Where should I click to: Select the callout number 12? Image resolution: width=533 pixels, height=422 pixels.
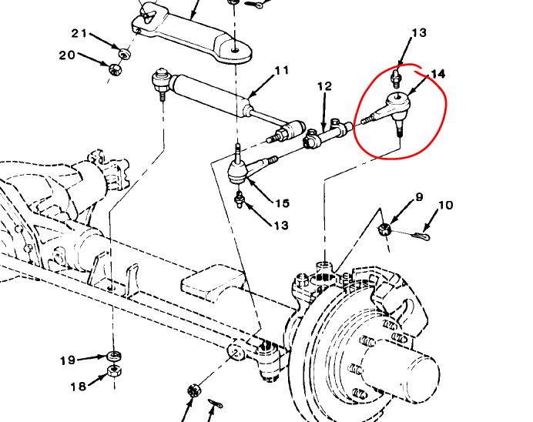tap(324, 86)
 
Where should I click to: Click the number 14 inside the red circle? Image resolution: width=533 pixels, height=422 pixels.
tap(437, 74)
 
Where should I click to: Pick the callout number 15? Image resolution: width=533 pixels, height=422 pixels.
tap(283, 204)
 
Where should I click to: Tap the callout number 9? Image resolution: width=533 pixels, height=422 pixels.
tap(419, 198)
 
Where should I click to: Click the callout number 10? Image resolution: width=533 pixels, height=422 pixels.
tap(445, 206)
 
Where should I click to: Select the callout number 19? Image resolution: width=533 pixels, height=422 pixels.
tap(68, 360)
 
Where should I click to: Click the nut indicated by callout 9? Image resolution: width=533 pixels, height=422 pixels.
tap(387, 229)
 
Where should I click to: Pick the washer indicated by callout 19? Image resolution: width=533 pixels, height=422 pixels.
tap(114, 355)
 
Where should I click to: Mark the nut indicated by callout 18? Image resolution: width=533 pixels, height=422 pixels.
tap(113, 370)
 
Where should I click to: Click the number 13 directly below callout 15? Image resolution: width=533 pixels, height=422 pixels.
tap(282, 226)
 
